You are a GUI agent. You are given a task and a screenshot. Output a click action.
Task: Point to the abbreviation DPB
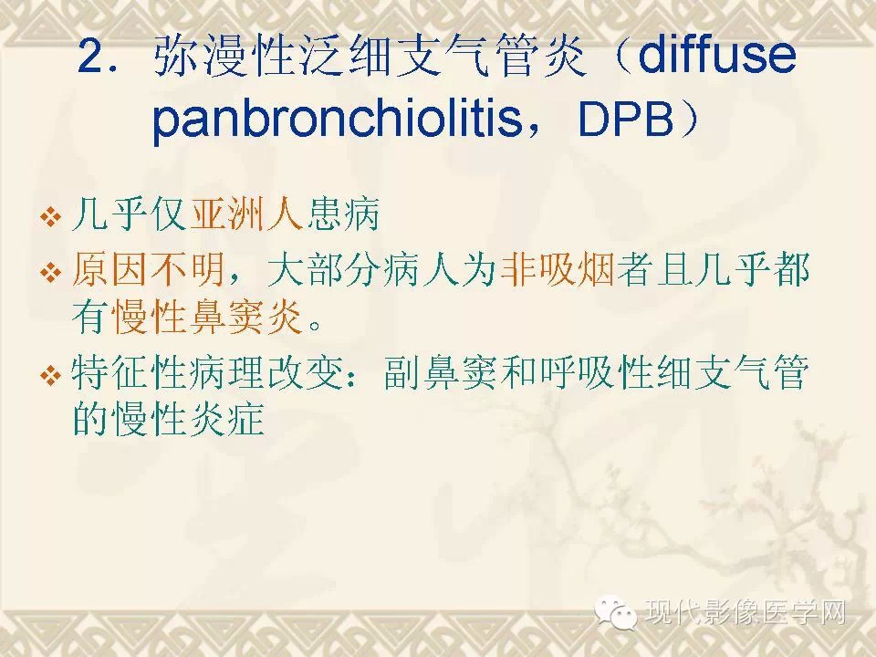(x=626, y=120)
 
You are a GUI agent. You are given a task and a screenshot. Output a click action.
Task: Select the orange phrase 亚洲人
(x=246, y=214)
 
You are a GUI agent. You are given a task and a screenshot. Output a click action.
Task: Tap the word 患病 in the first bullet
(x=342, y=214)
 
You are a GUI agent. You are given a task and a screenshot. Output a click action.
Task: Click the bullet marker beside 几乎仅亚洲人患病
(x=51, y=217)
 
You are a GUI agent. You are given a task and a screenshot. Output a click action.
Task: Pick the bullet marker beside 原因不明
(x=51, y=273)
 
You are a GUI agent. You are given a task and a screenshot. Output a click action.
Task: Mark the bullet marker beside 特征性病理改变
(x=51, y=375)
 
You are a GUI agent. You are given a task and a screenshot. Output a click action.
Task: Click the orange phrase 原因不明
(x=148, y=270)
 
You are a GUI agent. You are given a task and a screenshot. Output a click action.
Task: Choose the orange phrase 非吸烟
(x=558, y=270)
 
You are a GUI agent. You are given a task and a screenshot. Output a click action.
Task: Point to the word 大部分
(x=323, y=270)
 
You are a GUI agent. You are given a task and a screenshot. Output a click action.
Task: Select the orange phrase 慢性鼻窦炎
(x=207, y=317)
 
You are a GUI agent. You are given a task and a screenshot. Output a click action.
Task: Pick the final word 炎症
(x=226, y=419)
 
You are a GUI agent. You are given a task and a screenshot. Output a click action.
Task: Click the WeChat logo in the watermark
(x=616, y=612)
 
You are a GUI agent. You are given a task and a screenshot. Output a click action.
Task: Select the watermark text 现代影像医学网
(x=746, y=612)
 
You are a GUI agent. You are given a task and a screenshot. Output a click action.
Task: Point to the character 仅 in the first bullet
(x=170, y=214)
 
